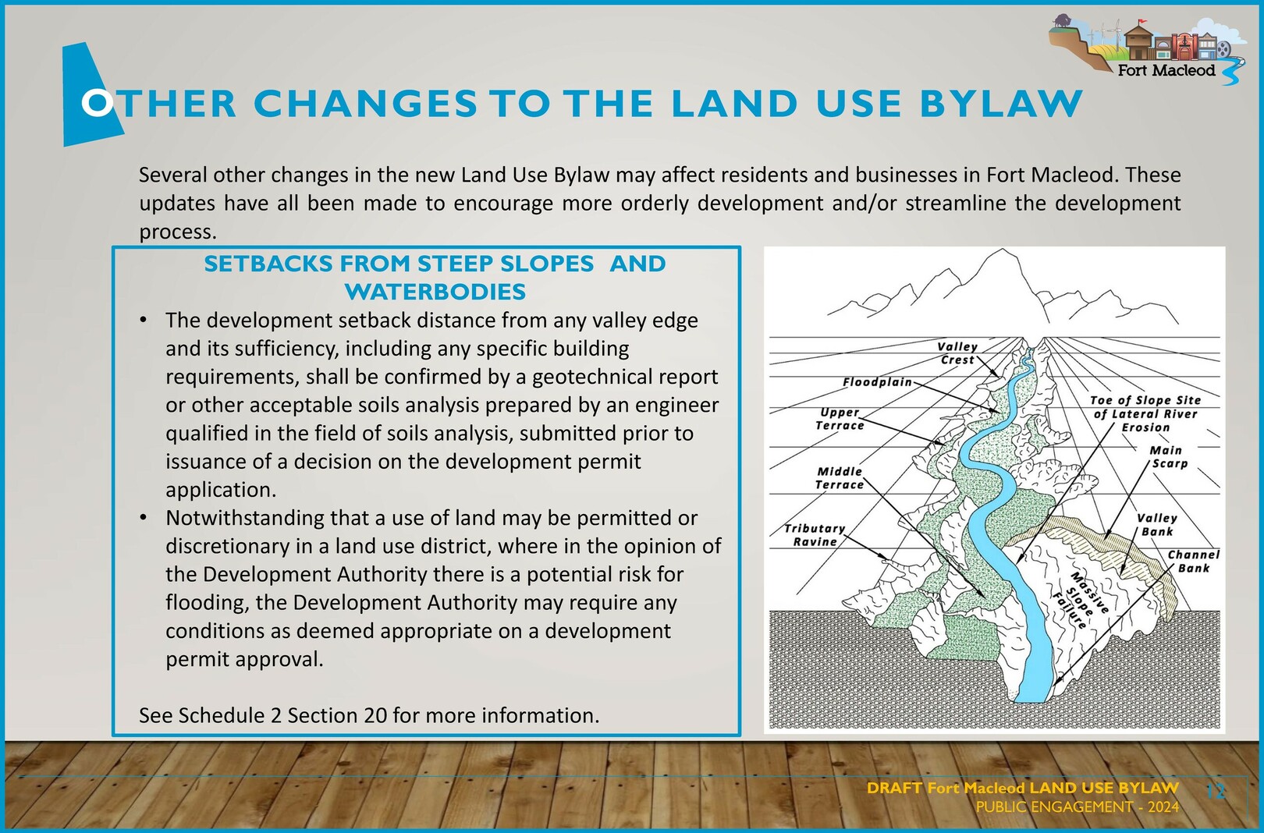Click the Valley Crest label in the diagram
(x=957, y=353)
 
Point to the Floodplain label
(x=878, y=382)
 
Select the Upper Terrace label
(x=840, y=419)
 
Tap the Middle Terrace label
(x=840, y=477)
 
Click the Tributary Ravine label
(x=815, y=535)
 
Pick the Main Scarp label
(x=1166, y=457)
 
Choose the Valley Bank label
(x=1157, y=524)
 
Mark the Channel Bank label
(x=1194, y=561)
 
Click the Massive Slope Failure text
(x=1080, y=600)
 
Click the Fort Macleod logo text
(x=1166, y=70)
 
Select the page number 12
(x=1216, y=791)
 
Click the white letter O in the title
(x=97, y=103)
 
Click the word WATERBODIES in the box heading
(x=435, y=292)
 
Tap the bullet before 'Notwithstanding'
(x=144, y=518)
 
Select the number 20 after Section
(x=375, y=715)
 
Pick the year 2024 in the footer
(x=1163, y=807)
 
